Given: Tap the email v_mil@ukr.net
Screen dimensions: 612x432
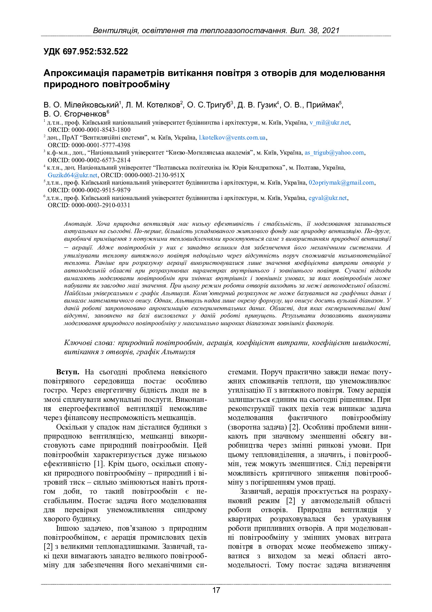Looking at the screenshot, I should [329, 122].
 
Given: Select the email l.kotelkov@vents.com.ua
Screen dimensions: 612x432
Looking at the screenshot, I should [232, 137].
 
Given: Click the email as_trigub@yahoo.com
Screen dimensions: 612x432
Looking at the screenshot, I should [334, 152].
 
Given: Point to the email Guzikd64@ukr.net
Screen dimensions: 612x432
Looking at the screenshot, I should [72, 175].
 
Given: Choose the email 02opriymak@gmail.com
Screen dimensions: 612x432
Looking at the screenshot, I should [341, 182].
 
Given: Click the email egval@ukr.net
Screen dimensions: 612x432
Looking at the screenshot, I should [327, 198].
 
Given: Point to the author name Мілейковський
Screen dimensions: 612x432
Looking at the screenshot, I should [91, 105].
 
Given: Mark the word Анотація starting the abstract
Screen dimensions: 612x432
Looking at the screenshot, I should [77, 224].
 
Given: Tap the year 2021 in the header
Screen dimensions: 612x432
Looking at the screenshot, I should [331, 31].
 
